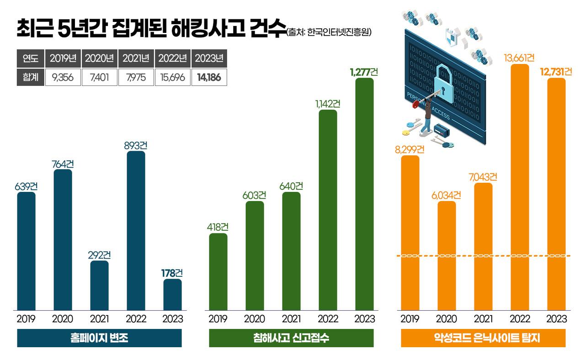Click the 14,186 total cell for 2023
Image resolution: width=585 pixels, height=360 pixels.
click(209, 78)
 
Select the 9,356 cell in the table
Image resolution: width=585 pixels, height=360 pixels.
click(63, 78)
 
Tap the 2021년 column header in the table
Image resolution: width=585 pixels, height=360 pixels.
click(136, 58)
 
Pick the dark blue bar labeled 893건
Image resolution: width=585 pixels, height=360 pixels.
click(136, 231)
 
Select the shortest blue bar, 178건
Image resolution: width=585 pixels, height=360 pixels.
click(172, 295)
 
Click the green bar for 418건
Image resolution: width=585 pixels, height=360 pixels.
click(218, 272)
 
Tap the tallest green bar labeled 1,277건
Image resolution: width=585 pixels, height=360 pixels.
click(364, 194)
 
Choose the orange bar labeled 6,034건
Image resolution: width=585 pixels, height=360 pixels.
click(447, 256)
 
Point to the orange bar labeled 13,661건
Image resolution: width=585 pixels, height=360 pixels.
click(520, 187)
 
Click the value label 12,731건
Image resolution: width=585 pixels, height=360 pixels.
click(556, 72)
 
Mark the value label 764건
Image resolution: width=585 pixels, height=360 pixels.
click(63, 164)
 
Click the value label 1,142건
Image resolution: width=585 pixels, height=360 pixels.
click(328, 104)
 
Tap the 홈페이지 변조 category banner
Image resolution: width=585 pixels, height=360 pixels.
click(99, 338)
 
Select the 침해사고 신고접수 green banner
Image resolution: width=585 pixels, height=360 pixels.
click(291, 338)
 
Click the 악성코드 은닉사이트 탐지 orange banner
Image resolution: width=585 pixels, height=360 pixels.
click(483, 338)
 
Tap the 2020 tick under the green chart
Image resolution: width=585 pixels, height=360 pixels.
click(255, 319)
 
